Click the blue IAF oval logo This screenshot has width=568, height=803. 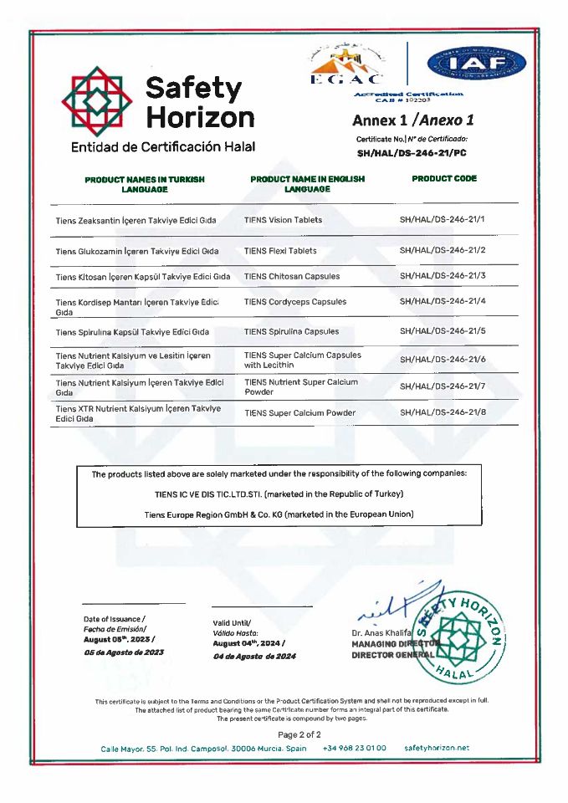coord(476,64)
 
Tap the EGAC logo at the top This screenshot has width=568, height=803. coord(346,64)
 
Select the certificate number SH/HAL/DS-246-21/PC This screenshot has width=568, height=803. coord(412,153)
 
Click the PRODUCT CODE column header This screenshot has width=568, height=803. coord(444,179)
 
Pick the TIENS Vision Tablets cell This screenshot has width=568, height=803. coord(283,220)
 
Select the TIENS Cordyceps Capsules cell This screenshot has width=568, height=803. coord(294,301)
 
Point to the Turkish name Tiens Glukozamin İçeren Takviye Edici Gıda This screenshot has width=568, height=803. coord(137,250)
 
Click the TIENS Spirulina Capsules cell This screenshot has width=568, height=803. coord(291,331)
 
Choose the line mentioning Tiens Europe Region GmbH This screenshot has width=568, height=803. coord(279,514)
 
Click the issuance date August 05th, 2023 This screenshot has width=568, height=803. coord(117,639)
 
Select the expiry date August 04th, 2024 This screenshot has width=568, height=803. coord(248,643)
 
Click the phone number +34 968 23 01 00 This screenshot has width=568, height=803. coord(355,748)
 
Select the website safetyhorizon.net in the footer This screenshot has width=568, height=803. coord(437,748)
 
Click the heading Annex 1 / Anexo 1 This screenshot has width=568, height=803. coord(413,120)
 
